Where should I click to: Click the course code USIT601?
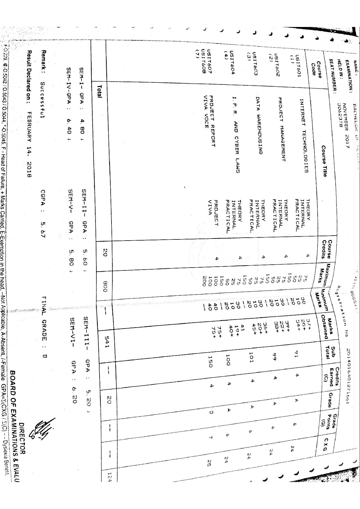coord(298,64)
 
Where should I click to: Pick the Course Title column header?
coord(324,161)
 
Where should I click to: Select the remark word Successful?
coord(43,100)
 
